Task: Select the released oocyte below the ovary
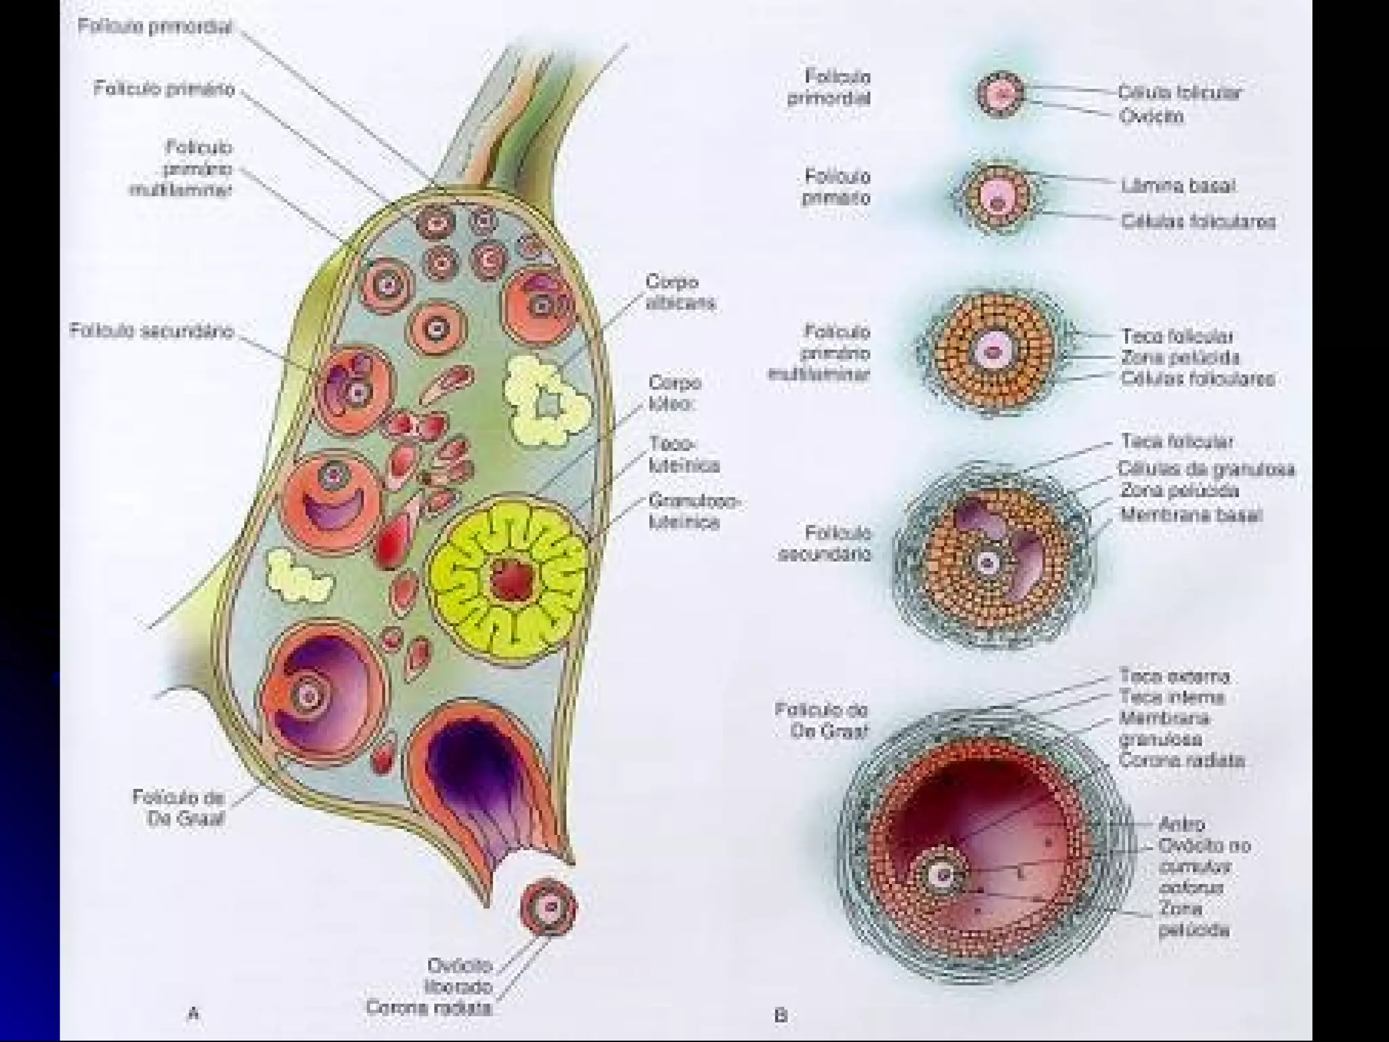pyautogui.click(x=549, y=908)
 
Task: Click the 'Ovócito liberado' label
pyautogui.click(x=460, y=976)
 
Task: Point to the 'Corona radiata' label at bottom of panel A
pyautogui.click(x=429, y=1007)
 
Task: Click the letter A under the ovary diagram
pyautogui.click(x=193, y=1015)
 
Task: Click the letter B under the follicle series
pyautogui.click(x=781, y=1016)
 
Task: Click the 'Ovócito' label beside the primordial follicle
pyautogui.click(x=1151, y=117)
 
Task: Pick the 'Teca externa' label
pyautogui.click(x=1174, y=676)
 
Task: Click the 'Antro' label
pyautogui.click(x=1181, y=824)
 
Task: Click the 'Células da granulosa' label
pyautogui.click(x=1206, y=469)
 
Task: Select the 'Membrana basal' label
pyautogui.click(x=1190, y=515)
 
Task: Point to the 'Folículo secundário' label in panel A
pyautogui.click(x=152, y=331)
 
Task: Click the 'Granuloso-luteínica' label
pyautogui.click(x=694, y=512)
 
